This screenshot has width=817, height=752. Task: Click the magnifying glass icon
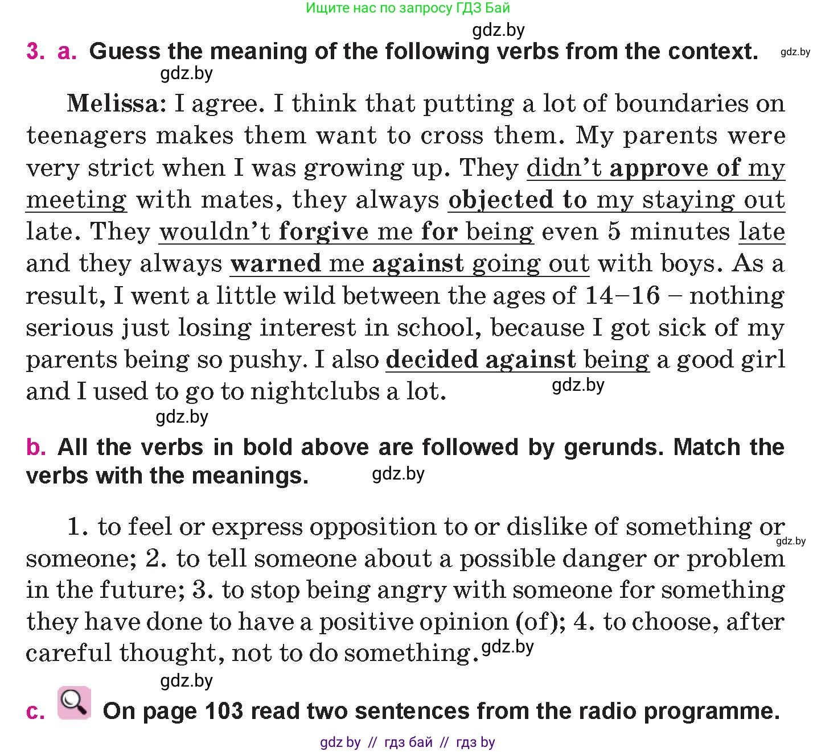tap(74, 703)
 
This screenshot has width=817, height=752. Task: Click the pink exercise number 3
tap(35, 51)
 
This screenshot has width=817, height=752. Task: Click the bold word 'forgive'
tap(323, 232)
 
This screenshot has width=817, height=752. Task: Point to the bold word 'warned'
tap(276, 264)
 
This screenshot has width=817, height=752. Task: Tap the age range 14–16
tap(622, 296)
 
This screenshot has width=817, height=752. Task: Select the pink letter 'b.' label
tap(36, 448)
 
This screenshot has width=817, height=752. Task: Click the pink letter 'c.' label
tap(35, 712)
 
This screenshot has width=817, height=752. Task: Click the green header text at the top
tap(408, 8)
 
